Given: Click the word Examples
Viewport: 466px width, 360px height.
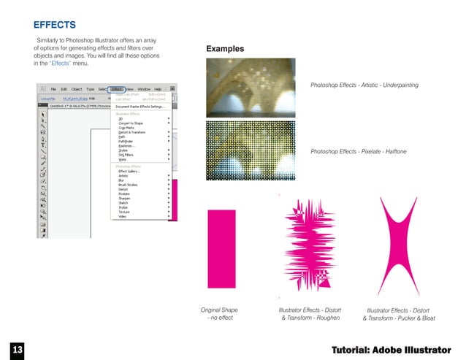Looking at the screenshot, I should [225, 49].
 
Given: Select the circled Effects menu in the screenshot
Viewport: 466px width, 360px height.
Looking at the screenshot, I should [117, 88].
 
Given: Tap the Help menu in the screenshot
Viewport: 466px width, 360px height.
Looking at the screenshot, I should [157, 88].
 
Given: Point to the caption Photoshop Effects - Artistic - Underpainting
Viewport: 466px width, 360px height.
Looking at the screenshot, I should [364, 85].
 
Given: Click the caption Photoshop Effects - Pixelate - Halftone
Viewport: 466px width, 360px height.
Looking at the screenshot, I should [358, 150].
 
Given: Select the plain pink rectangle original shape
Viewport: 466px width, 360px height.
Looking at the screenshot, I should [222, 248].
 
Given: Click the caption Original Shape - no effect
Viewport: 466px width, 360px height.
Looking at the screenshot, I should [219, 314].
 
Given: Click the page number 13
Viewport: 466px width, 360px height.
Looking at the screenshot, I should [18, 350].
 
